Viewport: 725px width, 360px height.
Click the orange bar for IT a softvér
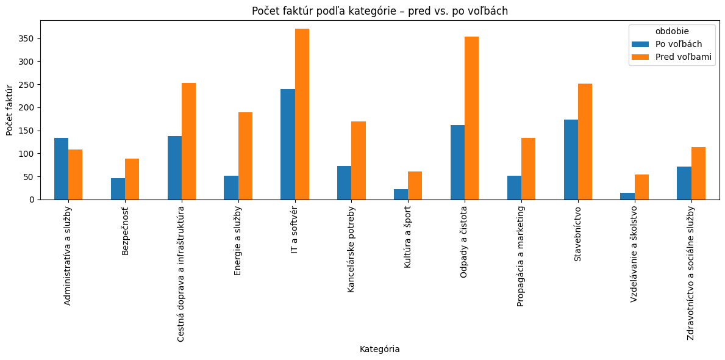[x=302, y=114]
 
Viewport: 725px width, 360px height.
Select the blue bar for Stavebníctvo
[x=571, y=160]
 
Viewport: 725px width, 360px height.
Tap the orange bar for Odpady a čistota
[x=472, y=118]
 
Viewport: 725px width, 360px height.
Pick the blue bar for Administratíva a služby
[x=61, y=169]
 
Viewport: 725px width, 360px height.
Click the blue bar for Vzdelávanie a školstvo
[x=627, y=196]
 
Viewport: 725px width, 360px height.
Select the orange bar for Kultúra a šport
[x=415, y=185]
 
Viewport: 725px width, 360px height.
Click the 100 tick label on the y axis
[x=29, y=154]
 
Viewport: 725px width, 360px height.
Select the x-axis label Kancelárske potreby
[x=351, y=249]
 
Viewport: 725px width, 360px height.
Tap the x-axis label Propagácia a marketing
[x=521, y=256]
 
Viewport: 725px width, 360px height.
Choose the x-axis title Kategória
[x=379, y=349]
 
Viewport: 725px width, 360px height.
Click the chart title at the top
[x=379, y=11]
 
